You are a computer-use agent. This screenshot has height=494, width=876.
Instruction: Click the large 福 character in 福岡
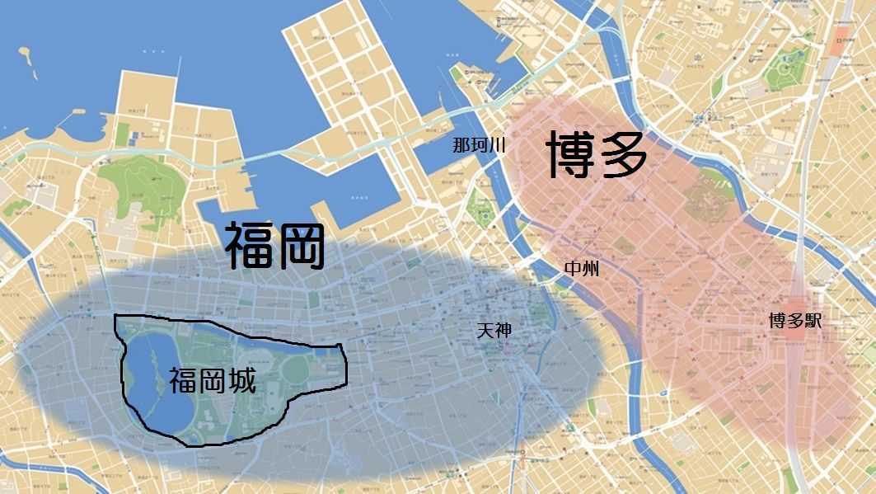coord(251,247)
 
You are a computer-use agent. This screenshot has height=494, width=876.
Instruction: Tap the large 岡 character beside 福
coord(299,247)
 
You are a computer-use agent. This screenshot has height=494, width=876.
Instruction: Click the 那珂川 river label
coord(478,146)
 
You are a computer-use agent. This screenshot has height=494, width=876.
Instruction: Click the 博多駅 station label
coord(794,322)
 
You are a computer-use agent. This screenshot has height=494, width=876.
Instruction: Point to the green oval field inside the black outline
coord(295,371)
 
